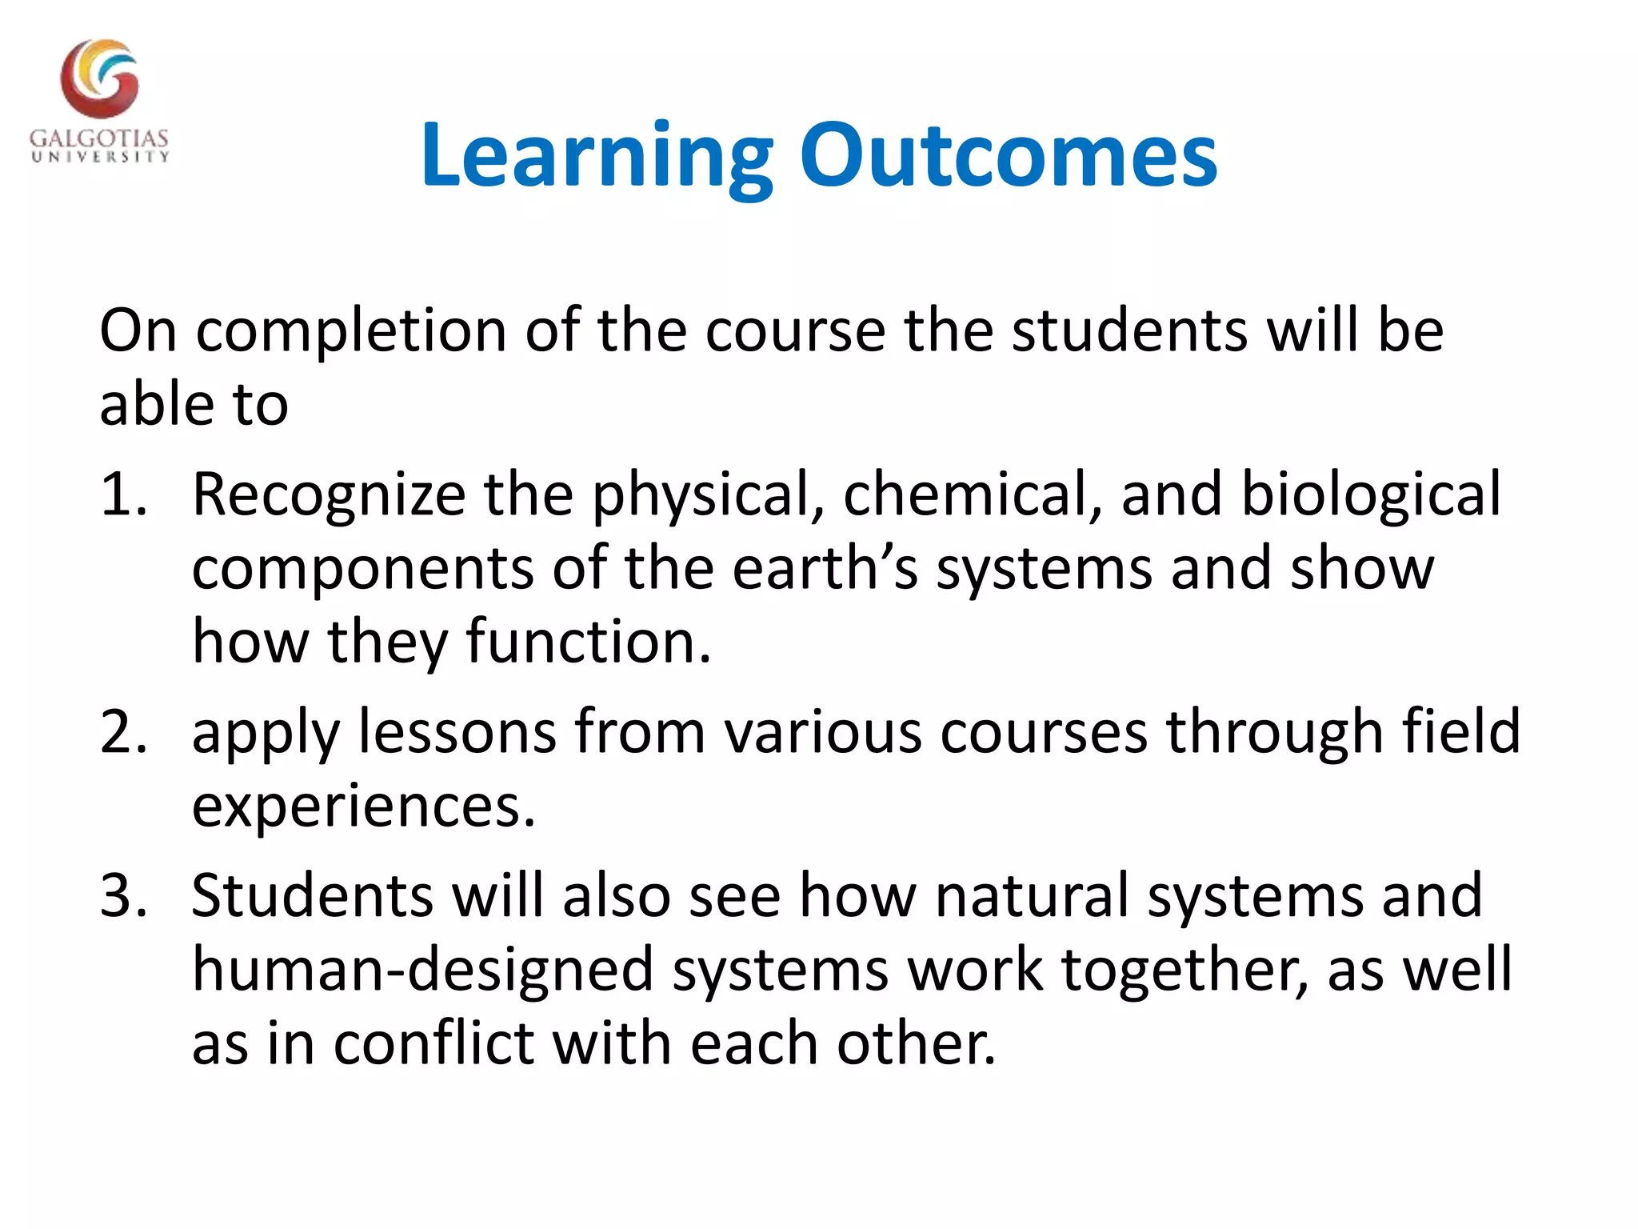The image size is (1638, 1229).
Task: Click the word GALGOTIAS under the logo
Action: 99,138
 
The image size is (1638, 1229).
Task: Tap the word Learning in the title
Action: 596,155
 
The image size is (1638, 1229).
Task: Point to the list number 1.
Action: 122,494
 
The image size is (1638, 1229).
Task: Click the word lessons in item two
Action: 457,731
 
